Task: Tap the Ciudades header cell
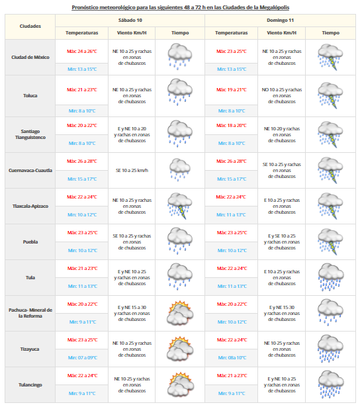click(x=30, y=26)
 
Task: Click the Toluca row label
click(x=30, y=95)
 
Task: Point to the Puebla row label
click(x=30, y=242)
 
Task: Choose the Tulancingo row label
click(x=30, y=384)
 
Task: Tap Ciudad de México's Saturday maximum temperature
click(x=82, y=51)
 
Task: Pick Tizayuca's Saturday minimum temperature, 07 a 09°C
click(x=82, y=357)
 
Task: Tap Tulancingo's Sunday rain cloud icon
click(x=330, y=384)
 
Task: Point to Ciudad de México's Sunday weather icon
click(x=330, y=56)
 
